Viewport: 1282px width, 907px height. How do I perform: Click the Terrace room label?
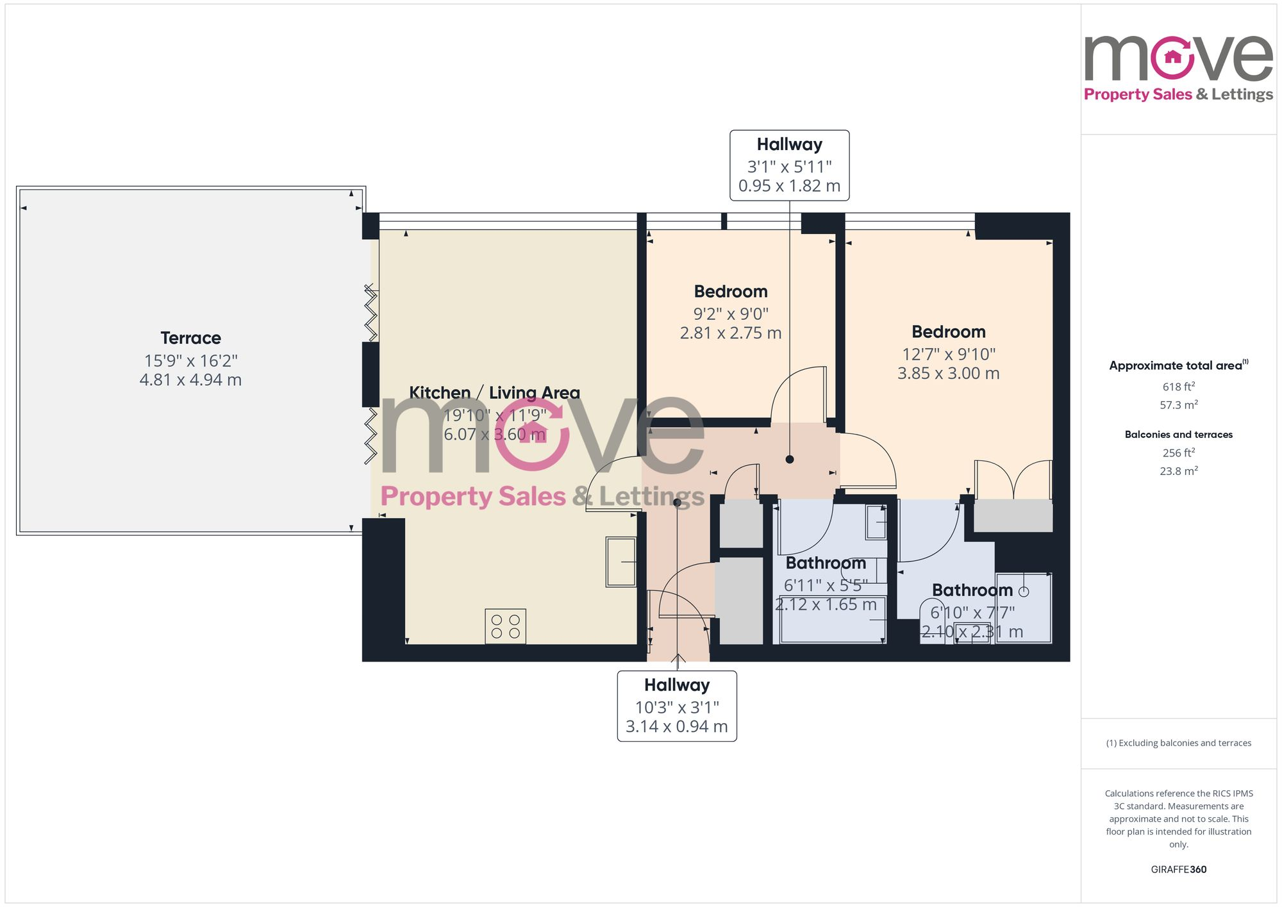pos(190,338)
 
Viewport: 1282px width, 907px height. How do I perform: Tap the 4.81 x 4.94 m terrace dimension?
pos(190,380)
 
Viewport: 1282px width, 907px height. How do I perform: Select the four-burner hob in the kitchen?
pos(505,626)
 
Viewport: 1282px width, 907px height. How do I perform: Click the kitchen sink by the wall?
pos(620,562)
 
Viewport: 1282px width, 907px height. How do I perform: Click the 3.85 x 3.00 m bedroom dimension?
pos(948,374)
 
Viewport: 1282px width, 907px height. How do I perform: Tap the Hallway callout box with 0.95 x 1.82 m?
pos(789,165)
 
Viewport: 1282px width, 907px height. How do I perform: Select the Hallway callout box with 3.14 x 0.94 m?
pos(676,706)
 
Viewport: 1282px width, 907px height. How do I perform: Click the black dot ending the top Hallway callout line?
pos(790,460)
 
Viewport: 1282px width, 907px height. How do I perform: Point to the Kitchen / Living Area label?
pos(494,392)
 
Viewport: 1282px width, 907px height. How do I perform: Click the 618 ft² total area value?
pos(1178,387)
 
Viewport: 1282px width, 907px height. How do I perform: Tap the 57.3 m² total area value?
pos(1178,405)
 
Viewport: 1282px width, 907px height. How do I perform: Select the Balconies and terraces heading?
pos(1178,435)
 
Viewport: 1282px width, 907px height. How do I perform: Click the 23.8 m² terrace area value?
pos(1178,471)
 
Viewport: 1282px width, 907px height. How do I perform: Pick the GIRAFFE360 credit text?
pos(1178,870)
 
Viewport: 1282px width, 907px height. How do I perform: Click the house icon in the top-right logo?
pos(1172,57)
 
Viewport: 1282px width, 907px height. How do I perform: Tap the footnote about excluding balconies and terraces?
pos(1178,744)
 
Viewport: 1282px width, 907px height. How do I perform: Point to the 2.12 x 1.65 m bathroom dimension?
pos(826,604)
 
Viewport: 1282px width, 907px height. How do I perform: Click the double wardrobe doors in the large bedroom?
pos(1013,480)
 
